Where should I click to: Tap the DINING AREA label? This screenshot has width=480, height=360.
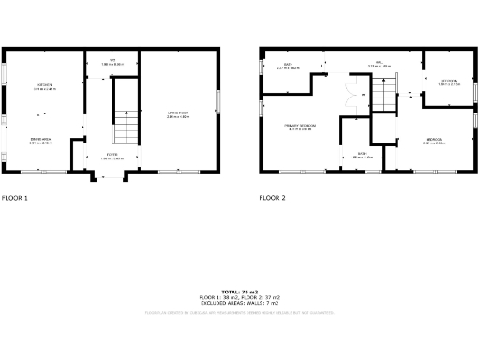pyautogui.click(x=40, y=139)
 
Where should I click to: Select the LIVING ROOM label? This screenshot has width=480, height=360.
pyautogui.click(x=179, y=112)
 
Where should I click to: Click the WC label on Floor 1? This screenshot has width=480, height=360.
pyautogui.click(x=112, y=60)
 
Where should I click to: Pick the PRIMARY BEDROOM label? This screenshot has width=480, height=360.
pyautogui.click(x=300, y=124)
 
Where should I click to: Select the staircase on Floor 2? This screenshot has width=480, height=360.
pyautogui.click(x=385, y=93)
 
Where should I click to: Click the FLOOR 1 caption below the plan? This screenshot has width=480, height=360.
pyautogui.click(x=15, y=198)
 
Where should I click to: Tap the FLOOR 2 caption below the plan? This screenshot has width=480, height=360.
pyautogui.click(x=273, y=198)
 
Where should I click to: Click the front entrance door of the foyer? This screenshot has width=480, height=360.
pyautogui.click(x=112, y=175)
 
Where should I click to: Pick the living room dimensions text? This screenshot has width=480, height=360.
pyautogui.click(x=179, y=117)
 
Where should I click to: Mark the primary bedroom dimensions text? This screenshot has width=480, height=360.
pyautogui.click(x=300, y=128)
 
